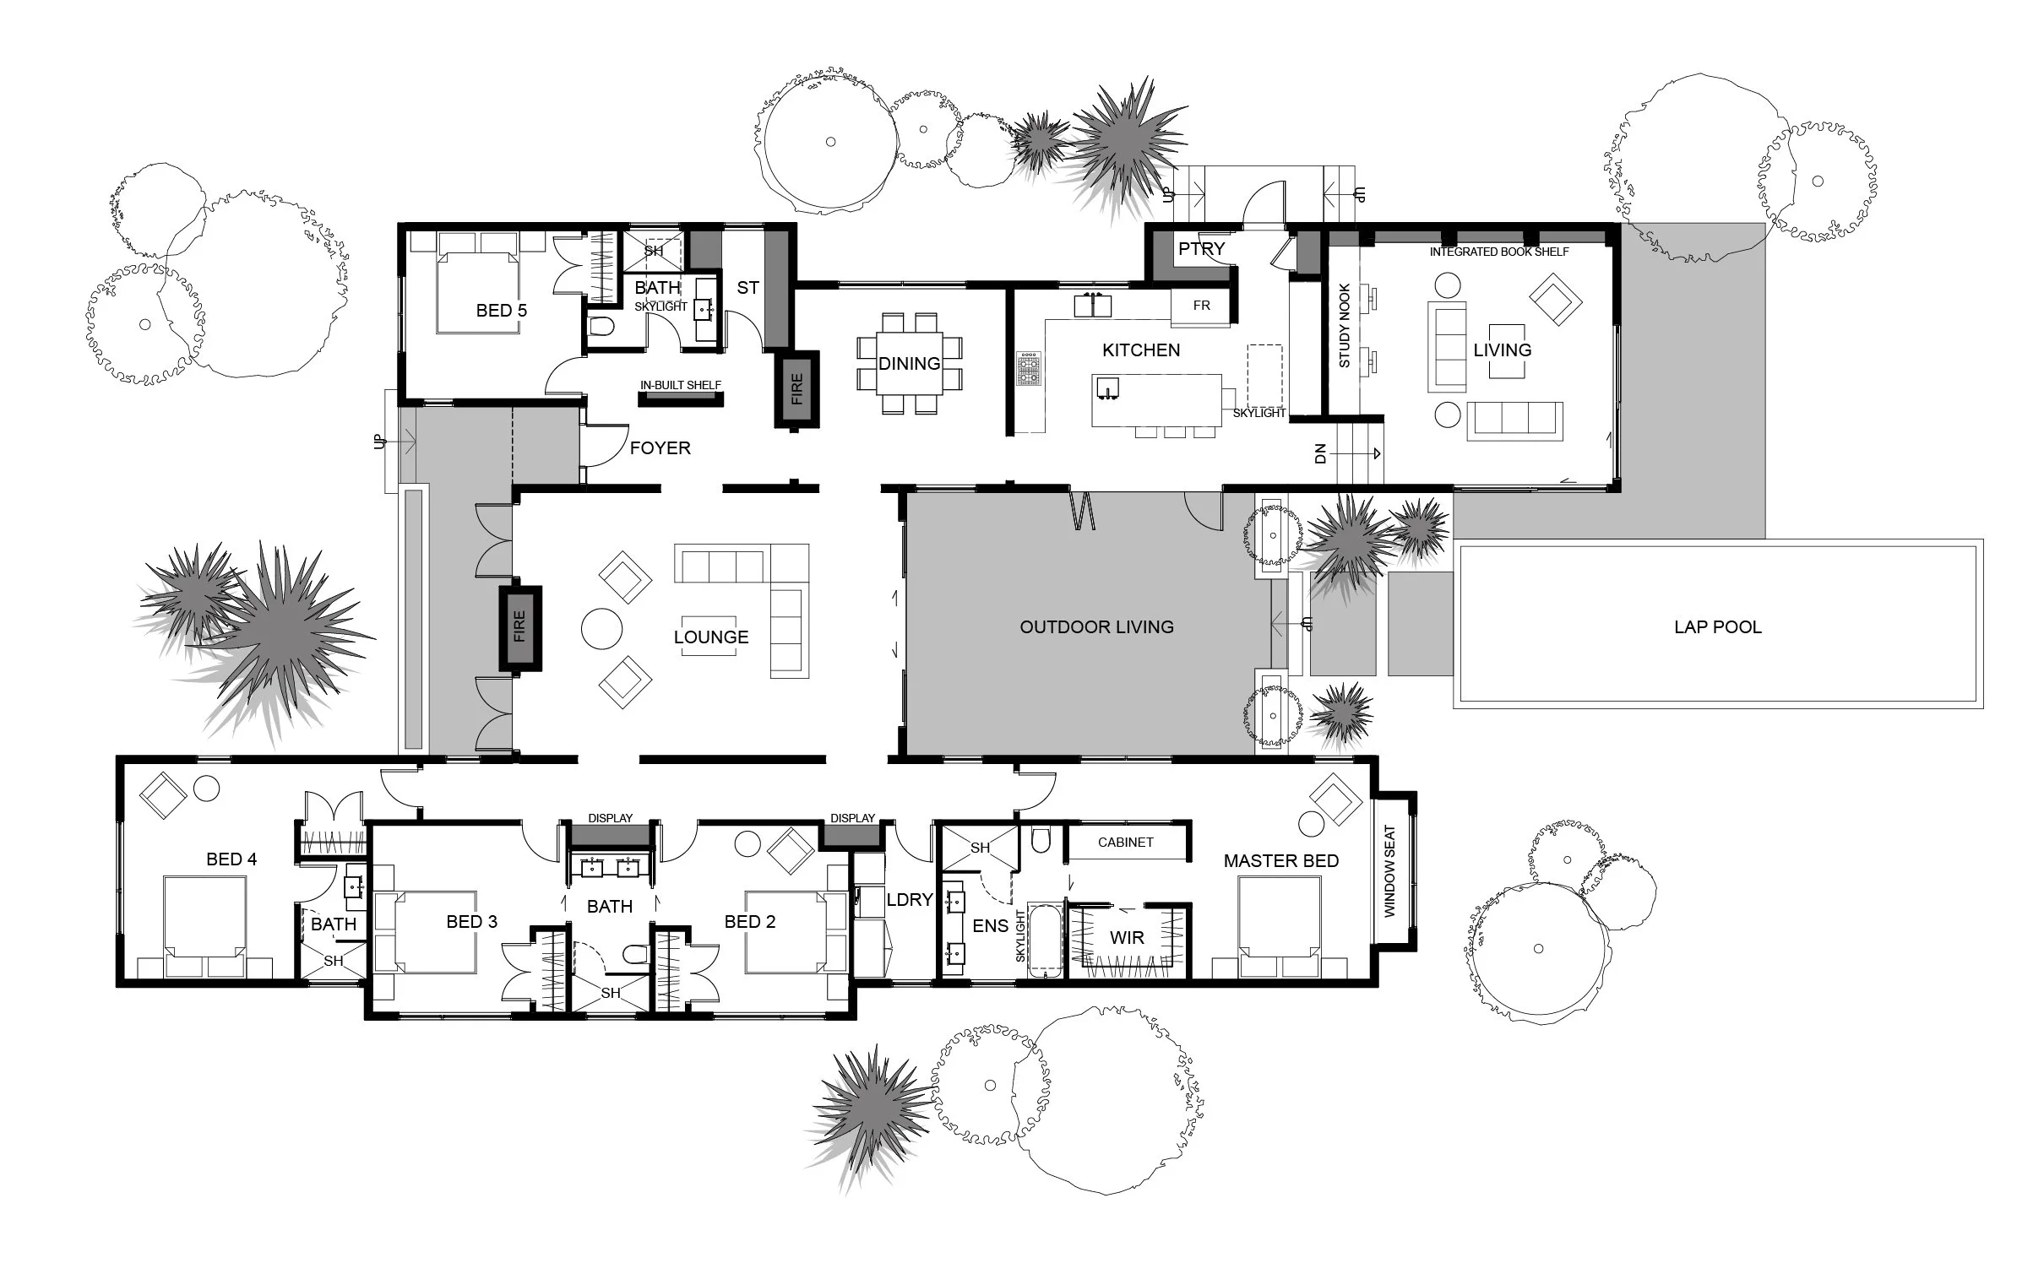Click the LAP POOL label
[x=1717, y=627]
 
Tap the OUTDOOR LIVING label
[x=1096, y=627]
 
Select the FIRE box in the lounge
[x=519, y=627]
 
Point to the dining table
[x=910, y=364]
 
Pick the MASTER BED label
[x=1280, y=861]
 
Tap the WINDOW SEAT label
[x=1389, y=871]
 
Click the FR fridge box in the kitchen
[x=1201, y=306]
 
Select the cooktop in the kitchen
[x=1029, y=369]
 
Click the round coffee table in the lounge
[x=602, y=629]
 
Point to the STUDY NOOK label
[x=1345, y=325]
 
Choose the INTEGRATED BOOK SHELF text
[x=1499, y=252]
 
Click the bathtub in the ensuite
[x=1046, y=942]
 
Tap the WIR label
[x=1127, y=937]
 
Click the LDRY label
[x=909, y=900]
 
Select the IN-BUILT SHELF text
[x=680, y=385]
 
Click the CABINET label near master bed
[x=1125, y=843]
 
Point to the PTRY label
[x=1201, y=249]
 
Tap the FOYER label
[x=660, y=448]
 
